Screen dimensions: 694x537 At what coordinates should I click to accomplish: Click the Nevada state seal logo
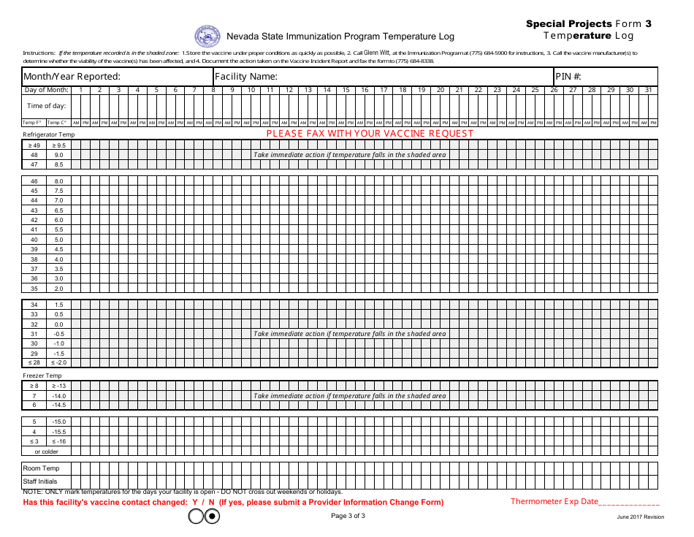pos(207,37)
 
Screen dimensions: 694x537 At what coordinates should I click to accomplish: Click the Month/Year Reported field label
pos(72,76)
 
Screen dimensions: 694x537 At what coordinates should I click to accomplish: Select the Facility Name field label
pos(245,76)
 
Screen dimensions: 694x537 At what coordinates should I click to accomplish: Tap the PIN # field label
pos(568,76)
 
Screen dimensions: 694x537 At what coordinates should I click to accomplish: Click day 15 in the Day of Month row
pos(346,90)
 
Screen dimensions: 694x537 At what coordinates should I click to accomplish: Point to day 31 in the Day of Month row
pos(648,90)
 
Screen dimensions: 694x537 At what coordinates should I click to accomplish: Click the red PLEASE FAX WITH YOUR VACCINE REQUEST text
pos(370,133)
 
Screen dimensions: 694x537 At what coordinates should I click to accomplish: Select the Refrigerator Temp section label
pos(49,134)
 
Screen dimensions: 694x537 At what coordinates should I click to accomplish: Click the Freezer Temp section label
pos(42,376)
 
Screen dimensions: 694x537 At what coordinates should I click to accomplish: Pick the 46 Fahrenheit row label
pos(34,180)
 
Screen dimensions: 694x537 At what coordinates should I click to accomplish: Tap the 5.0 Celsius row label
pos(58,240)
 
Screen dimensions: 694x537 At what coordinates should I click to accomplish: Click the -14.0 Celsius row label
pos(58,395)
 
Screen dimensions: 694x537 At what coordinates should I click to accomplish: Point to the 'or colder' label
pos(46,451)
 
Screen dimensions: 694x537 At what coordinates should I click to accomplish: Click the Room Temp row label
pos(42,468)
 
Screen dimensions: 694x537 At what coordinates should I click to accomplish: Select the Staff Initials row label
pos(40,481)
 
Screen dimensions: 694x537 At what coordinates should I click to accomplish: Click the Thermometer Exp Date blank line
pos(629,502)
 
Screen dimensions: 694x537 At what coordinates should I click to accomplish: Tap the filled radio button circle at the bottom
pos(212,517)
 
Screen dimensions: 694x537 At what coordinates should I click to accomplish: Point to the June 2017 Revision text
pos(640,517)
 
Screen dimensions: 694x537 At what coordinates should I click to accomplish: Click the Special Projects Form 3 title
pos(589,24)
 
